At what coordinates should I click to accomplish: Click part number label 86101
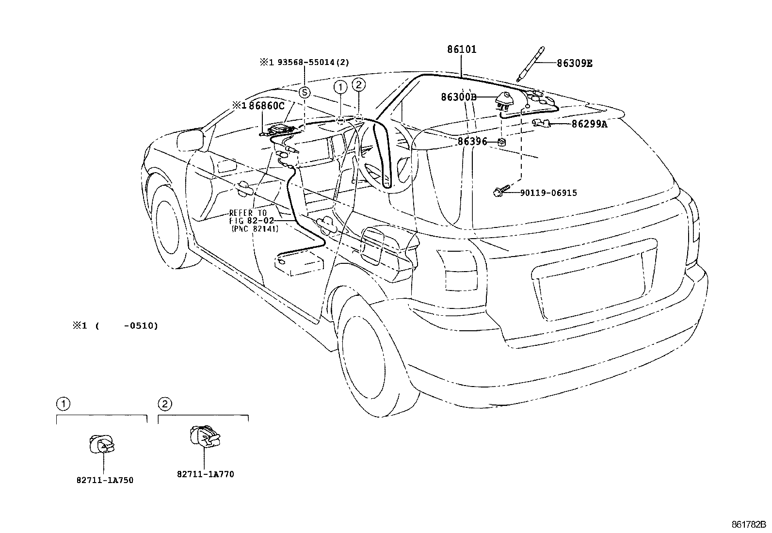pos(462,49)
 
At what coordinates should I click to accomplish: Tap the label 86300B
pos(458,97)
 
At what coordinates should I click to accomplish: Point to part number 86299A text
pos(589,124)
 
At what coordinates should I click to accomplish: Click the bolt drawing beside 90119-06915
pos(501,192)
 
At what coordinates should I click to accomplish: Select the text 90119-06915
pos(548,193)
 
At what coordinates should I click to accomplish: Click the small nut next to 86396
pos(502,142)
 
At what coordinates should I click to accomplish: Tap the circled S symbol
pos(304,92)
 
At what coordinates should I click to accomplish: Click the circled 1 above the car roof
pos(341,87)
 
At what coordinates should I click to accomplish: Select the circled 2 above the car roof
pos(358,85)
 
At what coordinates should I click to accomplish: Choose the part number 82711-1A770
pos(205,474)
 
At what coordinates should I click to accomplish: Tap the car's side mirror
pos(189,141)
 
